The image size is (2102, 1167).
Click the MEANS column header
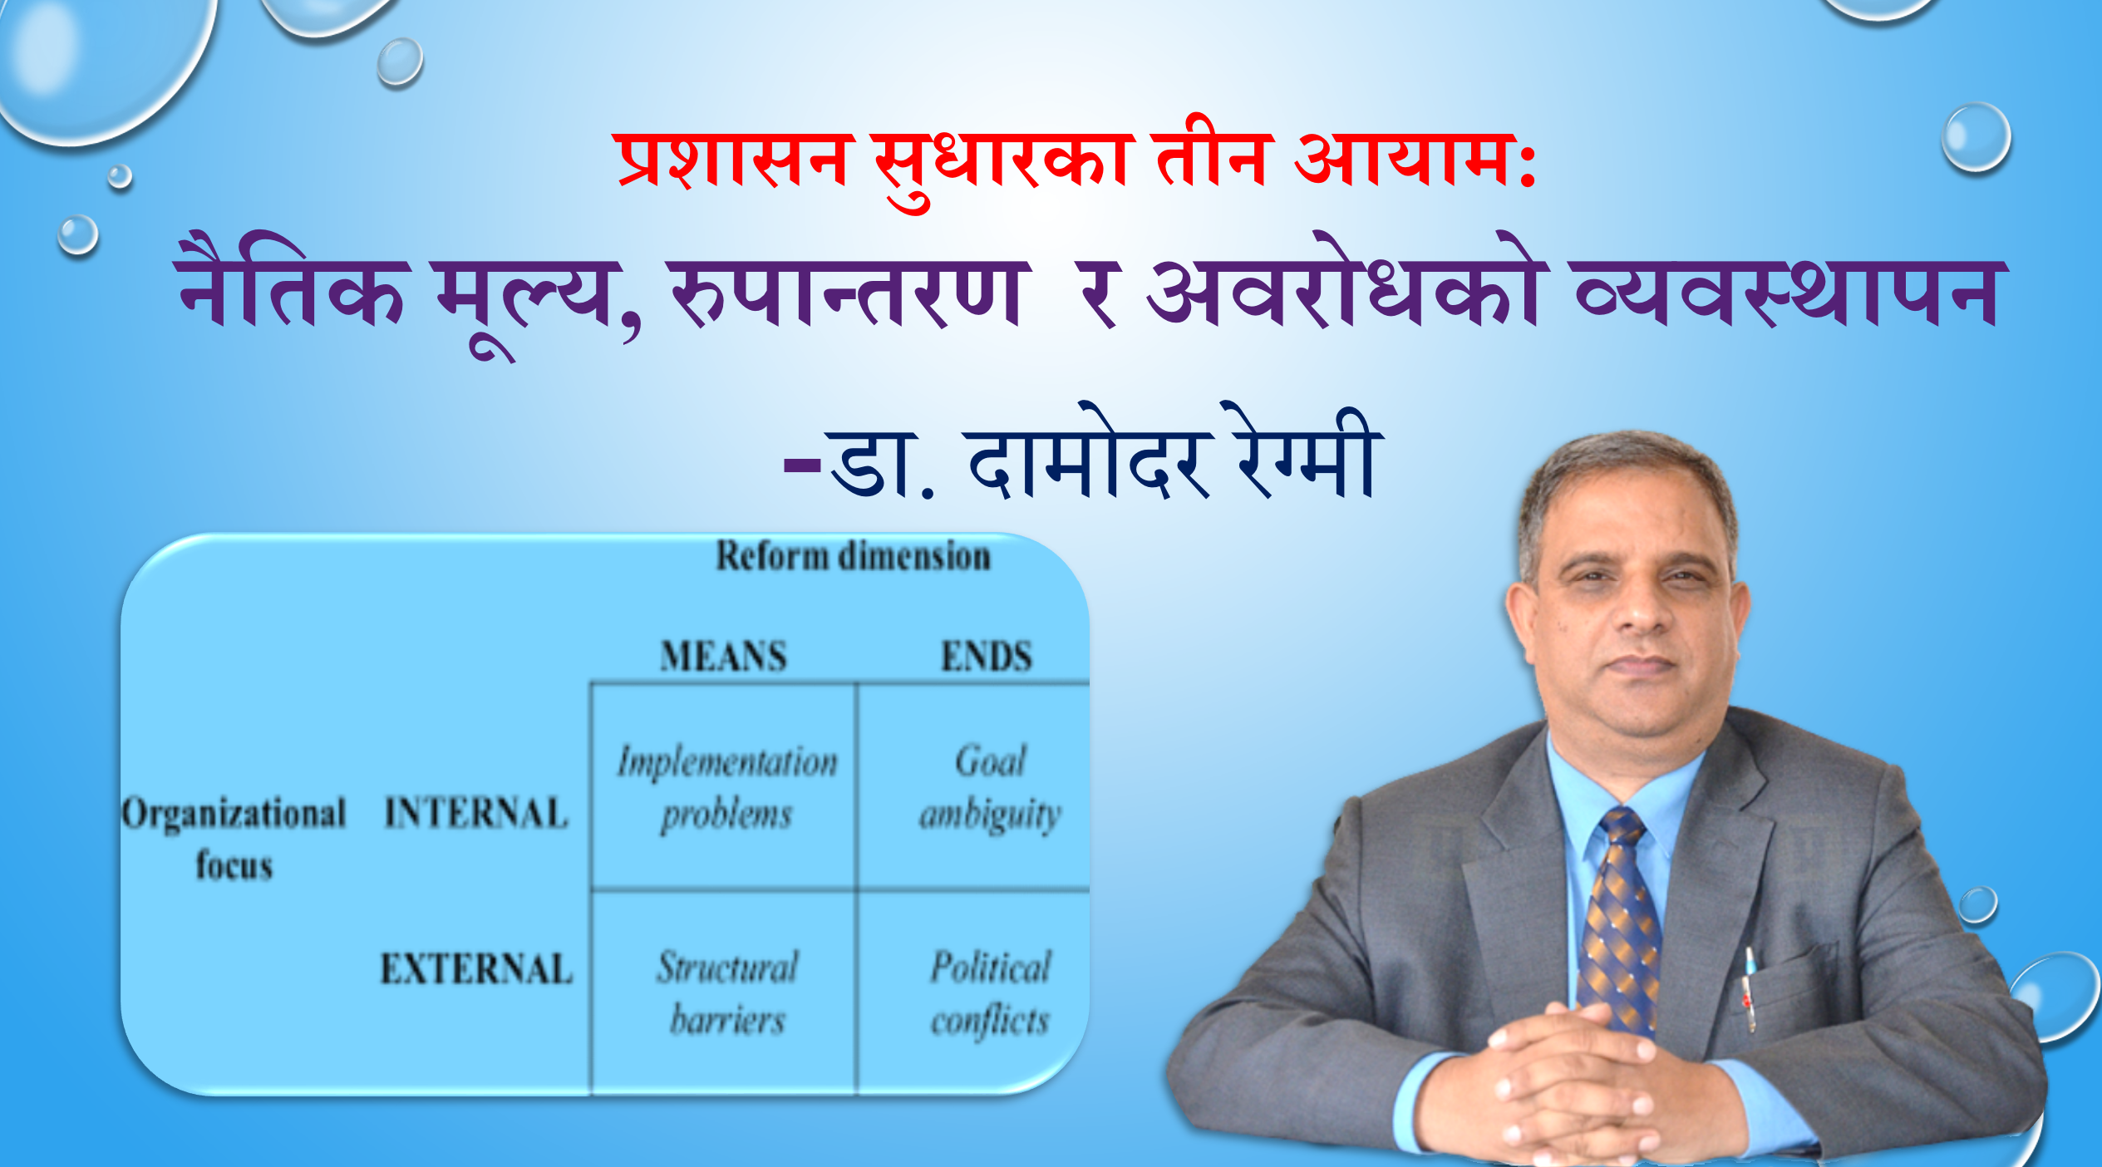(723, 656)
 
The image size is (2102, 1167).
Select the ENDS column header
(987, 656)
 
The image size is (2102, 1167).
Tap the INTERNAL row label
(476, 812)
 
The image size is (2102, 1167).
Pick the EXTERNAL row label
(476, 968)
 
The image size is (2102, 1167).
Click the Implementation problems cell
(726, 787)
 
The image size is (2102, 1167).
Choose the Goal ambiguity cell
(990, 787)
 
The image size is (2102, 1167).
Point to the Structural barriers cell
(727, 993)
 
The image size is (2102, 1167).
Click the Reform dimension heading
(854, 556)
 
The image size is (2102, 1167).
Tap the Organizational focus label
(234, 838)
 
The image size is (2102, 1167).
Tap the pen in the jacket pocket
(1749, 989)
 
